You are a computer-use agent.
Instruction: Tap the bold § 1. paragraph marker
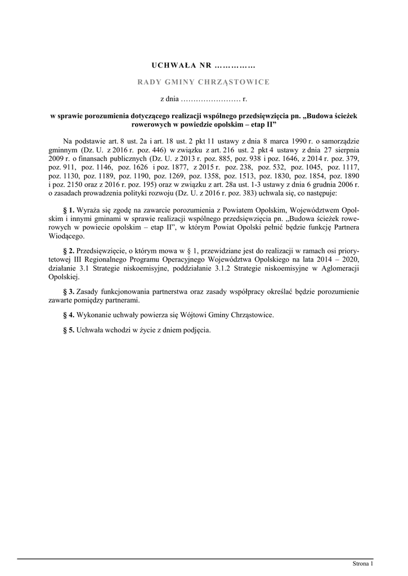70,210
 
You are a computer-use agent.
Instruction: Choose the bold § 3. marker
70,292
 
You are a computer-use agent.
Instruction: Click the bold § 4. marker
70,316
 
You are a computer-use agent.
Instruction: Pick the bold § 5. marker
70,330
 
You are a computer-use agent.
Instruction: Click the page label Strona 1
363,563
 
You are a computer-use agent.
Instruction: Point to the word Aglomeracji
340,268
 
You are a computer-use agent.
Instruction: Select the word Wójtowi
192,316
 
